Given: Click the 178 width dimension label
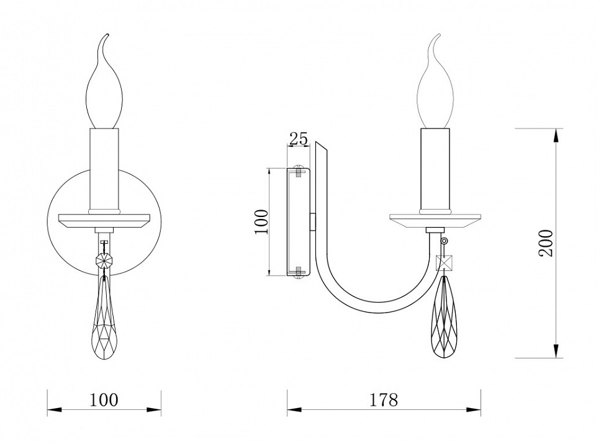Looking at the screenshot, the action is (x=384, y=399).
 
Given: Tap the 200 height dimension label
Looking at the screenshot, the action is (x=546, y=243).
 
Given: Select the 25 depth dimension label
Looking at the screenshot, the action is (x=299, y=139).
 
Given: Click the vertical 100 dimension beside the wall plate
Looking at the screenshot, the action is (x=261, y=222).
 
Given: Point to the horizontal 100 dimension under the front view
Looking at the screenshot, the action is (x=104, y=399).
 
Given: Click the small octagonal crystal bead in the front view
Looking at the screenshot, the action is (x=104, y=260).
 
